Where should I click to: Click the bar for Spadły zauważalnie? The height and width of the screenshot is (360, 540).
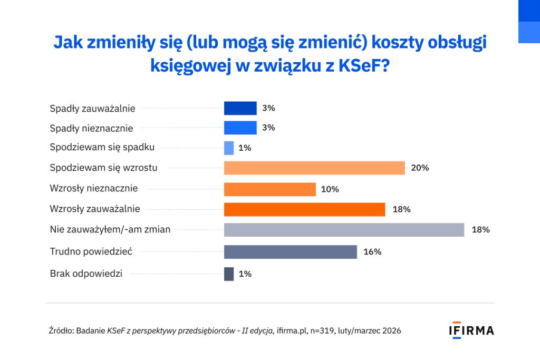click(x=240, y=108)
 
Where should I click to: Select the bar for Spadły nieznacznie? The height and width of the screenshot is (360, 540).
click(x=240, y=128)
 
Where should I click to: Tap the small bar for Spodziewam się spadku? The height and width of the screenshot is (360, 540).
click(x=229, y=148)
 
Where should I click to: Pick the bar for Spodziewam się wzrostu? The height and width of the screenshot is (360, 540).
click(x=314, y=168)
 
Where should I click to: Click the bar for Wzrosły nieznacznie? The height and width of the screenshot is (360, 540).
click(x=269, y=189)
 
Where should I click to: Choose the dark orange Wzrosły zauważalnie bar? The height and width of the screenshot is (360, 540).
click(x=304, y=209)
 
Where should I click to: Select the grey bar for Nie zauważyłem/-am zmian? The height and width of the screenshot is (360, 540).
click(x=344, y=230)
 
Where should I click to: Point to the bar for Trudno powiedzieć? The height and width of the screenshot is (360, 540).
click(x=290, y=252)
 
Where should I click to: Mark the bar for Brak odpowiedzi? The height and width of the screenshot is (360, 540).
click(x=229, y=274)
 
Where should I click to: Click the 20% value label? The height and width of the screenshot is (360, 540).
click(x=420, y=168)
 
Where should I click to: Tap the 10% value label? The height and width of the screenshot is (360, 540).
click(x=330, y=189)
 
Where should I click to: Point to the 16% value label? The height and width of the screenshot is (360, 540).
click(x=372, y=252)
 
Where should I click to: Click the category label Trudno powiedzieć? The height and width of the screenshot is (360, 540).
click(x=83, y=252)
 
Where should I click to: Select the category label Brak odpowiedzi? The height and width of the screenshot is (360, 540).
click(x=86, y=274)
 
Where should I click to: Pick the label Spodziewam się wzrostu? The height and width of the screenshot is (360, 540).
click(x=103, y=168)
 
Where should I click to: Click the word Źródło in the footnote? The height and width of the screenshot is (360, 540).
click(x=60, y=331)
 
